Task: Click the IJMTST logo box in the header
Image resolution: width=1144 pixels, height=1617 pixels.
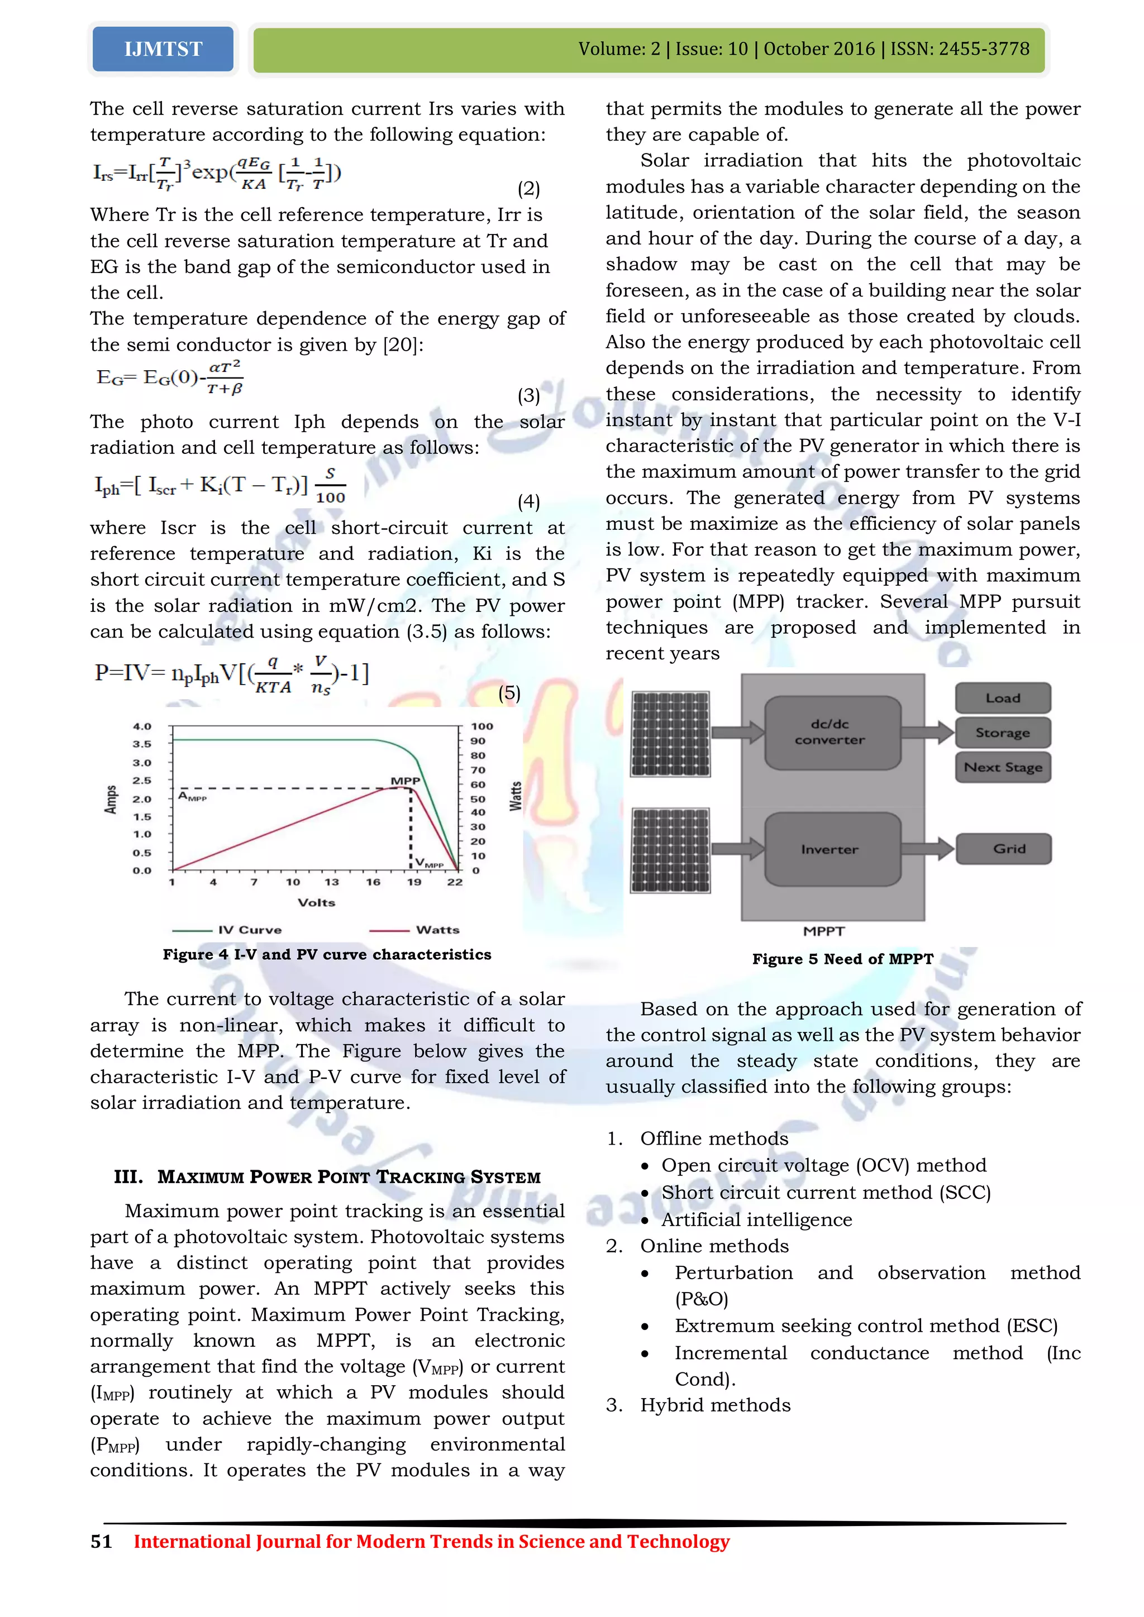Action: point(163,49)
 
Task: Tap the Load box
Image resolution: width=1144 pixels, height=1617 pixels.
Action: point(1003,698)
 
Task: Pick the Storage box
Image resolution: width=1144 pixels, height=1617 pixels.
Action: point(1003,733)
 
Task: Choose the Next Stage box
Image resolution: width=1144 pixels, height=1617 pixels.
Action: point(1003,767)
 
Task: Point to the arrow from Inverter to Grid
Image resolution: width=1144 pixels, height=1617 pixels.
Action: point(928,849)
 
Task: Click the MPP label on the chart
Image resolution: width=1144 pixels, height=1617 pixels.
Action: point(405,781)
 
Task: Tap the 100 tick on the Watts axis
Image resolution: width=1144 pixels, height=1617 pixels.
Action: point(482,726)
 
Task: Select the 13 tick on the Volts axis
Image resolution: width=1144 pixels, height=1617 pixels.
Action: point(331,882)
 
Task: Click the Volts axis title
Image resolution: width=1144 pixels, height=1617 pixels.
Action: point(316,902)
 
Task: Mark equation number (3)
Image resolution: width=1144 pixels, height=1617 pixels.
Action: point(528,395)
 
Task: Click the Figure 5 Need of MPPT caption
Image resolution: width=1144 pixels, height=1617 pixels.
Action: point(842,959)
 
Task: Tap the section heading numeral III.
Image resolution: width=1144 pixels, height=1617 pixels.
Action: point(128,1177)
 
